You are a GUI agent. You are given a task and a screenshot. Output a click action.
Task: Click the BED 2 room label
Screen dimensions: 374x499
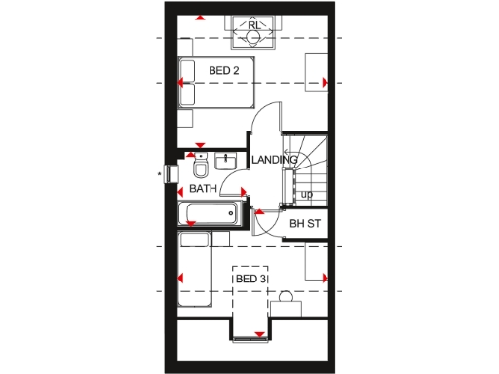click(x=224, y=70)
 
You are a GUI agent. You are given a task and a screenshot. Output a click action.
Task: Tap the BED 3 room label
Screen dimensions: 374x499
click(x=250, y=280)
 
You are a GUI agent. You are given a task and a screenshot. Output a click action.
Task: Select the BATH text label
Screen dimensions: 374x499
click(x=203, y=189)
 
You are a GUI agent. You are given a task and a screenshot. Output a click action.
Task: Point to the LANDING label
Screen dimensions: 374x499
click(x=274, y=160)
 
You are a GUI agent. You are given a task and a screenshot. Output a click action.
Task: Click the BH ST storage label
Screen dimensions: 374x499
click(x=305, y=224)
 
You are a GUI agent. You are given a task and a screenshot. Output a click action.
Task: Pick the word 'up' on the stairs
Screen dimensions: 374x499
click(x=306, y=194)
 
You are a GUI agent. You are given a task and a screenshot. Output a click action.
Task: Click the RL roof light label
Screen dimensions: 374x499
click(x=253, y=25)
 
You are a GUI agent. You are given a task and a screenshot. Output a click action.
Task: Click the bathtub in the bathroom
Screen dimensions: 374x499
click(x=210, y=214)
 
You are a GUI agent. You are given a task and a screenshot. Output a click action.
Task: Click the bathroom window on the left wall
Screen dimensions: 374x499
click(x=173, y=174)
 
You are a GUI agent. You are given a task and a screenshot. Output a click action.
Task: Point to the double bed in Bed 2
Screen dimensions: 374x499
click(x=217, y=82)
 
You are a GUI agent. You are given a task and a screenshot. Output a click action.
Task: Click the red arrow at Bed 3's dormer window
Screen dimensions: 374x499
click(x=258, y=335)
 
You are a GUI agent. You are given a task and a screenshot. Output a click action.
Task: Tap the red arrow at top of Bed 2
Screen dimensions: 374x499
click(x=200, y=18)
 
